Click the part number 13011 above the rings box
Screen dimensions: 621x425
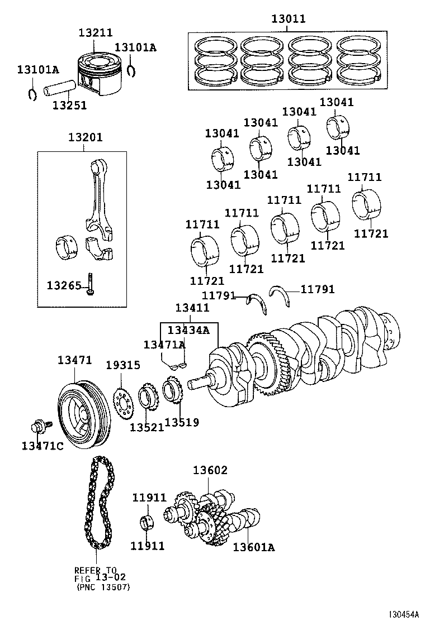point(289,19)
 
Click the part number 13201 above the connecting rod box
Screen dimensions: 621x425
point(86,137)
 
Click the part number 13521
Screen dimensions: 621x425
point(147,427)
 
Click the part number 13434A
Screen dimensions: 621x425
point(188,330)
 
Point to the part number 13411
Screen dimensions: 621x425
point(192,308)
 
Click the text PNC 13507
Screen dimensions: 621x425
point(104,587)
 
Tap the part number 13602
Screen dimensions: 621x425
point(210,471)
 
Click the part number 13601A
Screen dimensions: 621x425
point(253,547)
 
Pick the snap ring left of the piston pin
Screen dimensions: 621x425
point(32,93)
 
